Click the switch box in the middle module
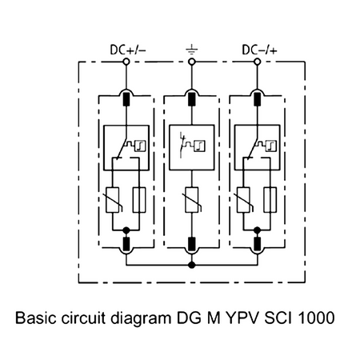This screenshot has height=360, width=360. pyautogui.click(x=190, y=146)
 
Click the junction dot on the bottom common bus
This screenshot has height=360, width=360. pyautogui.click(x=190, y=264)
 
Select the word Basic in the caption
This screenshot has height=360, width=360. pyautogui.click(x=35, y=318)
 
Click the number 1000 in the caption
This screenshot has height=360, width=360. pyautogui.click(x=326, y=318)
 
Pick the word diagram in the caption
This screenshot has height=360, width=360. pyautogui.click(x=141, y=318)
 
